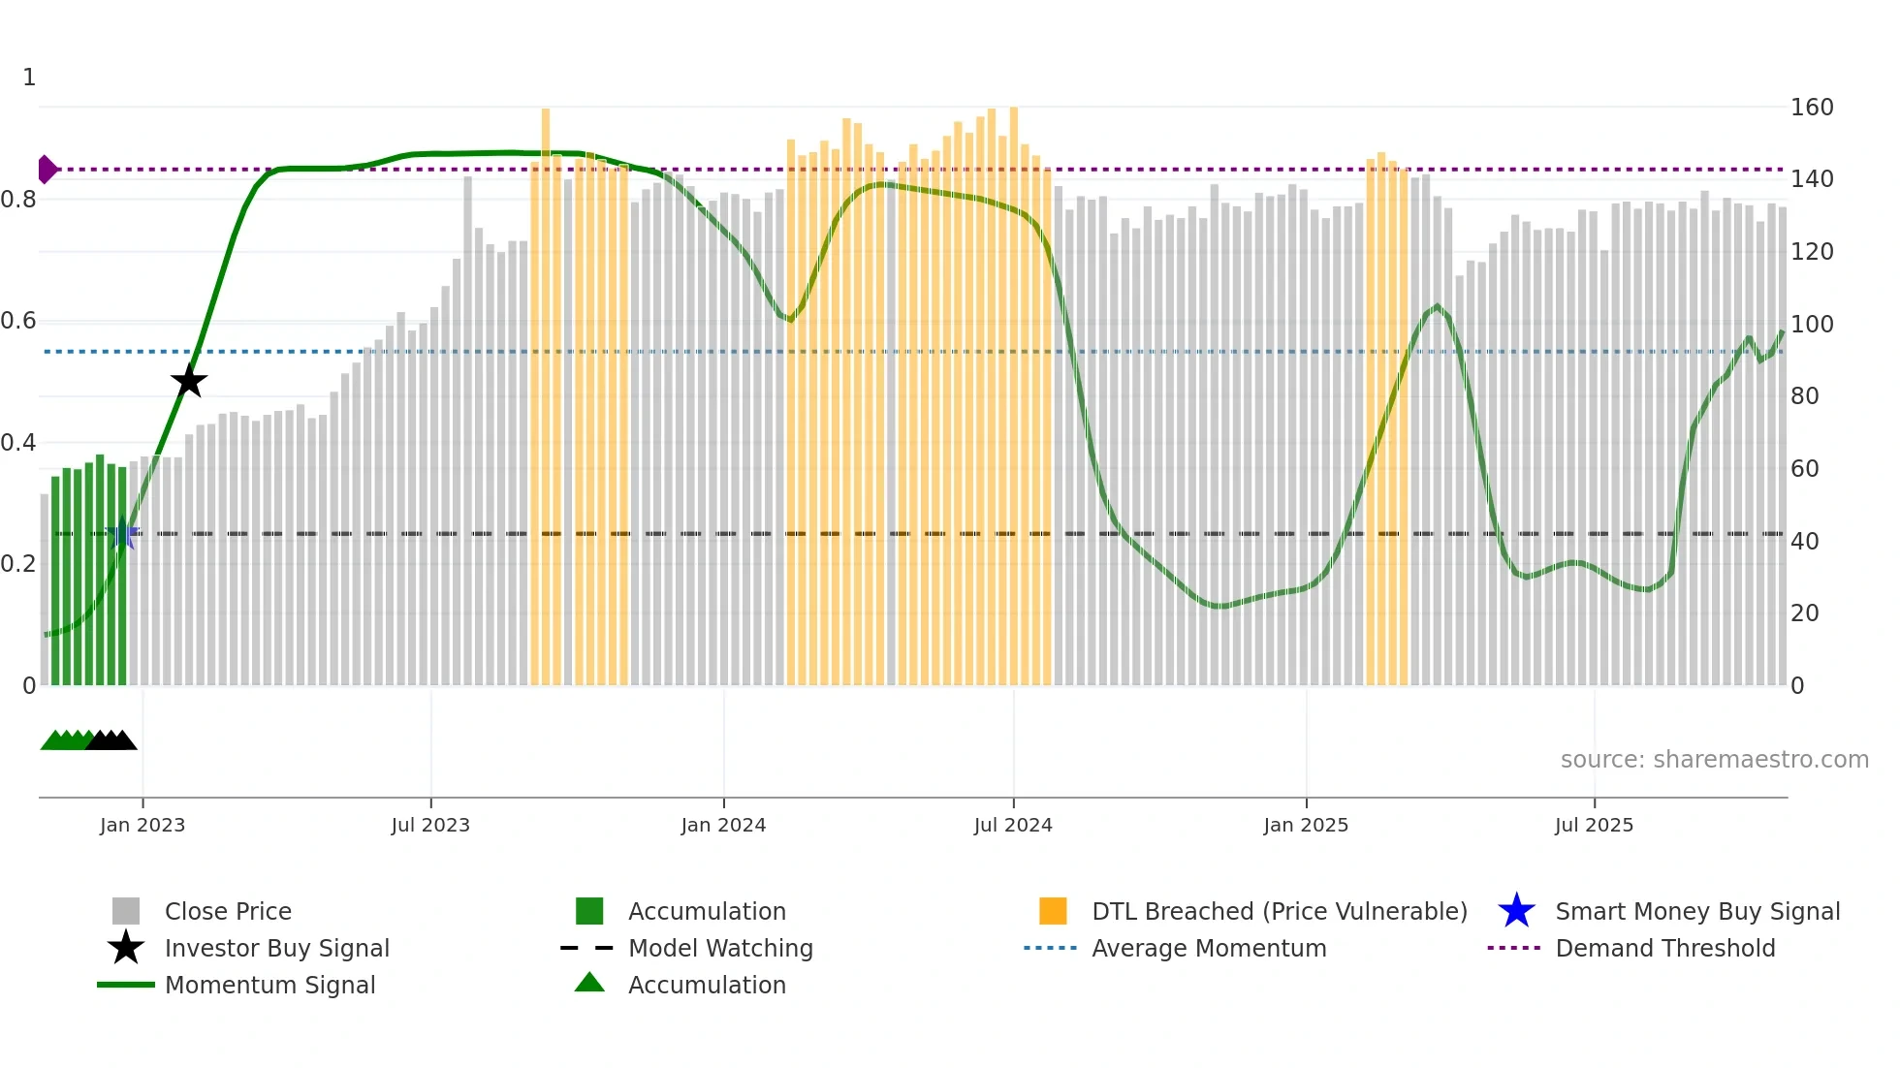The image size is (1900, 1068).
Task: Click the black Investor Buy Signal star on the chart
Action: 189,381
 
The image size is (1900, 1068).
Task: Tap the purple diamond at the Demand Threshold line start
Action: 47,170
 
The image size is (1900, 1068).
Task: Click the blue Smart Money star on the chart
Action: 122,534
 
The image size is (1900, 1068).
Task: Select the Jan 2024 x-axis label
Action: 723,825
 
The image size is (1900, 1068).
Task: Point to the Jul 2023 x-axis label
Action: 430,825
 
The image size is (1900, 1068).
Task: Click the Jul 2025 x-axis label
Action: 1594,825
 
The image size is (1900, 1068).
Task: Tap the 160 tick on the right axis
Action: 1812,108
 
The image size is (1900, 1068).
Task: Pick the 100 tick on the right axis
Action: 1812,325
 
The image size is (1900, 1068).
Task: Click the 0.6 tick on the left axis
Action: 19,321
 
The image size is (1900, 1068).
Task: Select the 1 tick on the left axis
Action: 29,78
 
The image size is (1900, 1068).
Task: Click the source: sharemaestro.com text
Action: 1714,760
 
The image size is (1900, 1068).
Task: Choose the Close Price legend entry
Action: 228,912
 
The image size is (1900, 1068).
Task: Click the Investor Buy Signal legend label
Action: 277,949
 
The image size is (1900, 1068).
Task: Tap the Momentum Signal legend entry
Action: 269,986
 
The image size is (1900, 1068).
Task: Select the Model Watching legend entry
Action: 720,949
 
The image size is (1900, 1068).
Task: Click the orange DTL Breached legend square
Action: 1053,911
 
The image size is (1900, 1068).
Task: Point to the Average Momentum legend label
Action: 1209,949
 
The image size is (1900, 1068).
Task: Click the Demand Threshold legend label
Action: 1665,949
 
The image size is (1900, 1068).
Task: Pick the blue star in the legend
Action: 1516,911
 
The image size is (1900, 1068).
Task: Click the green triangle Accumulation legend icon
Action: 589,983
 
